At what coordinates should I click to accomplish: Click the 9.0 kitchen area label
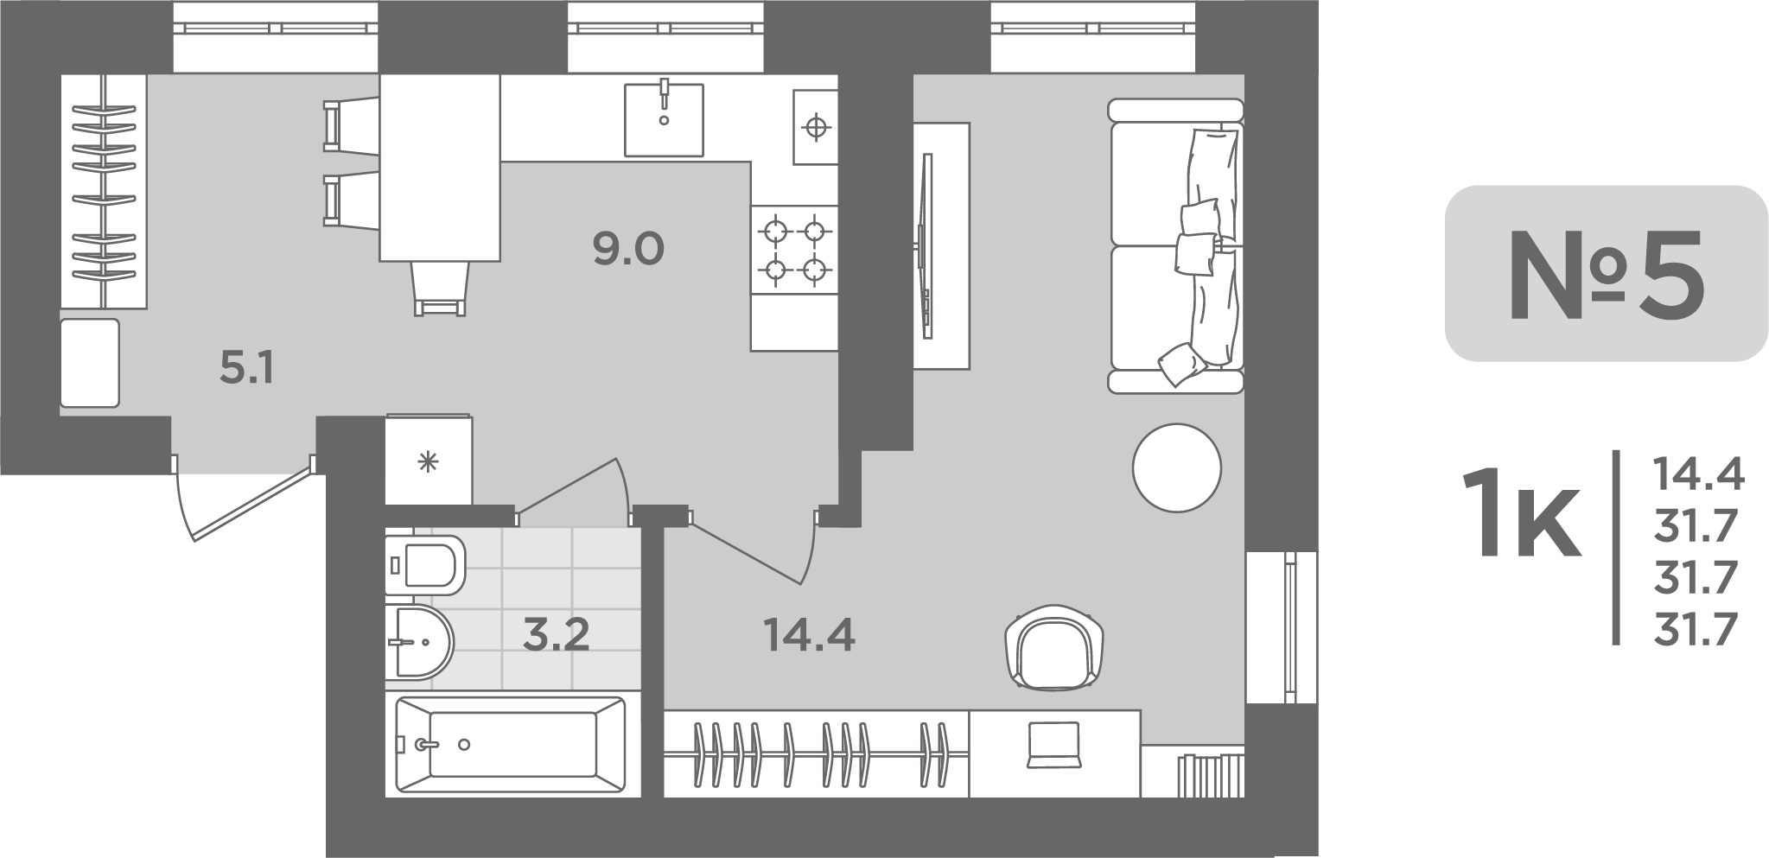click(628, 250)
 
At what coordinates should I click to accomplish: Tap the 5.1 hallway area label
click(246, 370)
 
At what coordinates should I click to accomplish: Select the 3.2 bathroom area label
click(557, 635)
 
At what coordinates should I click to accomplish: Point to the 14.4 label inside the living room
click(809, 636)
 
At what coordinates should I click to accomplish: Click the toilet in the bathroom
click(424, 565)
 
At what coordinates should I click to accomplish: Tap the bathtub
click(511, 745)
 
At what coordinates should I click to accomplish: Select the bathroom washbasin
click(419, 643)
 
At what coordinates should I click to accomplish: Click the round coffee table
click(1176, 467)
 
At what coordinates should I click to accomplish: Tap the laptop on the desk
click(1053, 744)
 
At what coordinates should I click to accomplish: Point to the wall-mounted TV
click(926, 245)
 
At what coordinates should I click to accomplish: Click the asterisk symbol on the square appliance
click(428, 463)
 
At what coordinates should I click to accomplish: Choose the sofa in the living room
click(1176, 246)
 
